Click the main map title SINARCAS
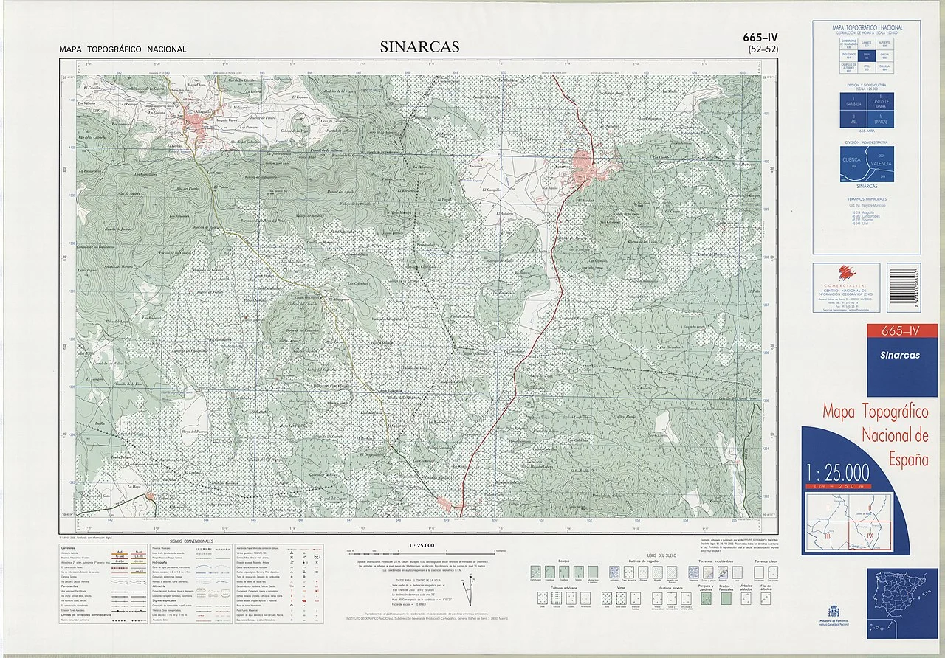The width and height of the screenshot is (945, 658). pyautogui.click(x=419, y=47)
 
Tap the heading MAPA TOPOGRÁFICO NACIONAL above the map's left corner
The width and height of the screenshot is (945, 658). pyautogui.click(x=123, y=50)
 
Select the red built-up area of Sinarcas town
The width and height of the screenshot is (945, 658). pyautogui.click(x=583, y=166)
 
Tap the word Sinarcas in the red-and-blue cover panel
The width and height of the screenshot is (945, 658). pyautogui.click(x=899, y=355)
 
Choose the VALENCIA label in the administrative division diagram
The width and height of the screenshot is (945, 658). pyautogui.click(x=881, y=163)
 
